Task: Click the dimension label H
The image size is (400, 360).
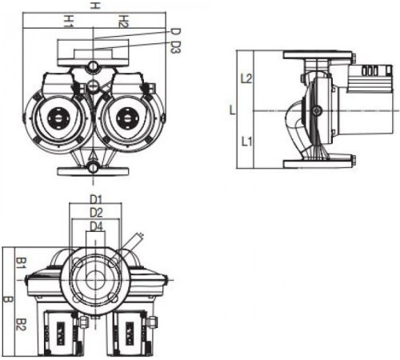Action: click(x=94, y=5)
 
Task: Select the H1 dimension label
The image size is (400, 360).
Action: click(x=68, y=21)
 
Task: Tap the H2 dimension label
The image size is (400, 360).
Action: click(x=123, y=22)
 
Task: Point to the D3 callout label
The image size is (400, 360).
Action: click(x=175, y=47)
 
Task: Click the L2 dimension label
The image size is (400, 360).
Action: click(x=246, y=78)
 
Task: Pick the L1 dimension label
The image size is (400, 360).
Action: click(x=246, y=142)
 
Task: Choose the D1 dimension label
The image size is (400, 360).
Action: click(x=96, y=199)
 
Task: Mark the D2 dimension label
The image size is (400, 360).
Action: click(x=96, y=213)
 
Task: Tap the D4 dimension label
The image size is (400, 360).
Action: click(x=96, y=226)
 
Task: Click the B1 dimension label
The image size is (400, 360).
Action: click(x=20, y=263)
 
